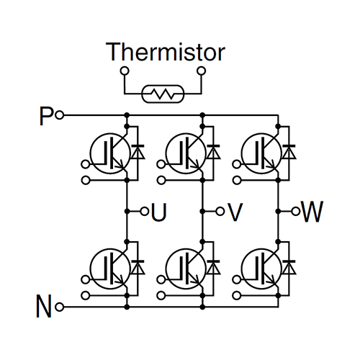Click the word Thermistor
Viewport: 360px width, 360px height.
166,53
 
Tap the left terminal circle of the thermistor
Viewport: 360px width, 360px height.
124,71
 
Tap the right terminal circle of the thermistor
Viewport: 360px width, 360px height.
202,71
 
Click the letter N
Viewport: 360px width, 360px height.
45,307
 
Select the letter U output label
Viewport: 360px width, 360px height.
159,212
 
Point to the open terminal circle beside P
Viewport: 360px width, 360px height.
60,115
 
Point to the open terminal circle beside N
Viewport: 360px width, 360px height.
60,307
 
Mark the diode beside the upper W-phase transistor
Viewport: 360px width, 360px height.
289,152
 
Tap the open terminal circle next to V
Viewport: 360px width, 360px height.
220,212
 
